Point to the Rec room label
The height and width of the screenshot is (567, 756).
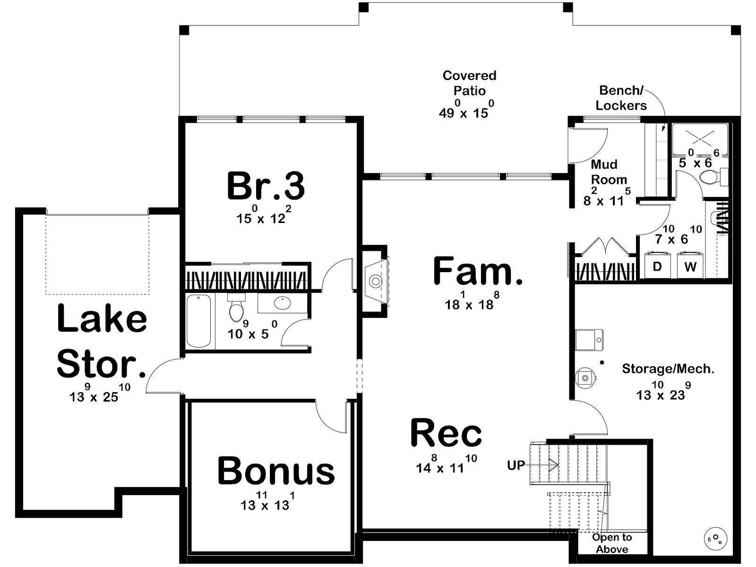(446, 433)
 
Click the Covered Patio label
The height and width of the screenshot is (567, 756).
(469, 83)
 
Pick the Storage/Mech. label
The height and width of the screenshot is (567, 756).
(668, 369)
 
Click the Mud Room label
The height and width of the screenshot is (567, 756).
(609, 172)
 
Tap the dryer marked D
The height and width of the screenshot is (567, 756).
(657, 266)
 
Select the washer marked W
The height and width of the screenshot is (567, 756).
(690, 266)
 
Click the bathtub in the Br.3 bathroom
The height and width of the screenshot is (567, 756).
(199, 321)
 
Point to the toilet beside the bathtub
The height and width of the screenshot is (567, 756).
(236, 307)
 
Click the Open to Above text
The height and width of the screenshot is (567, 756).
(612, 543)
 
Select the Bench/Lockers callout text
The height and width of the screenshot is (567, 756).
(621, 98)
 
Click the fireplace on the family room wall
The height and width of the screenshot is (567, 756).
(376, 281)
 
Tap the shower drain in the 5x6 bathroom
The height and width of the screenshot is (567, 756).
(699, 139)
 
